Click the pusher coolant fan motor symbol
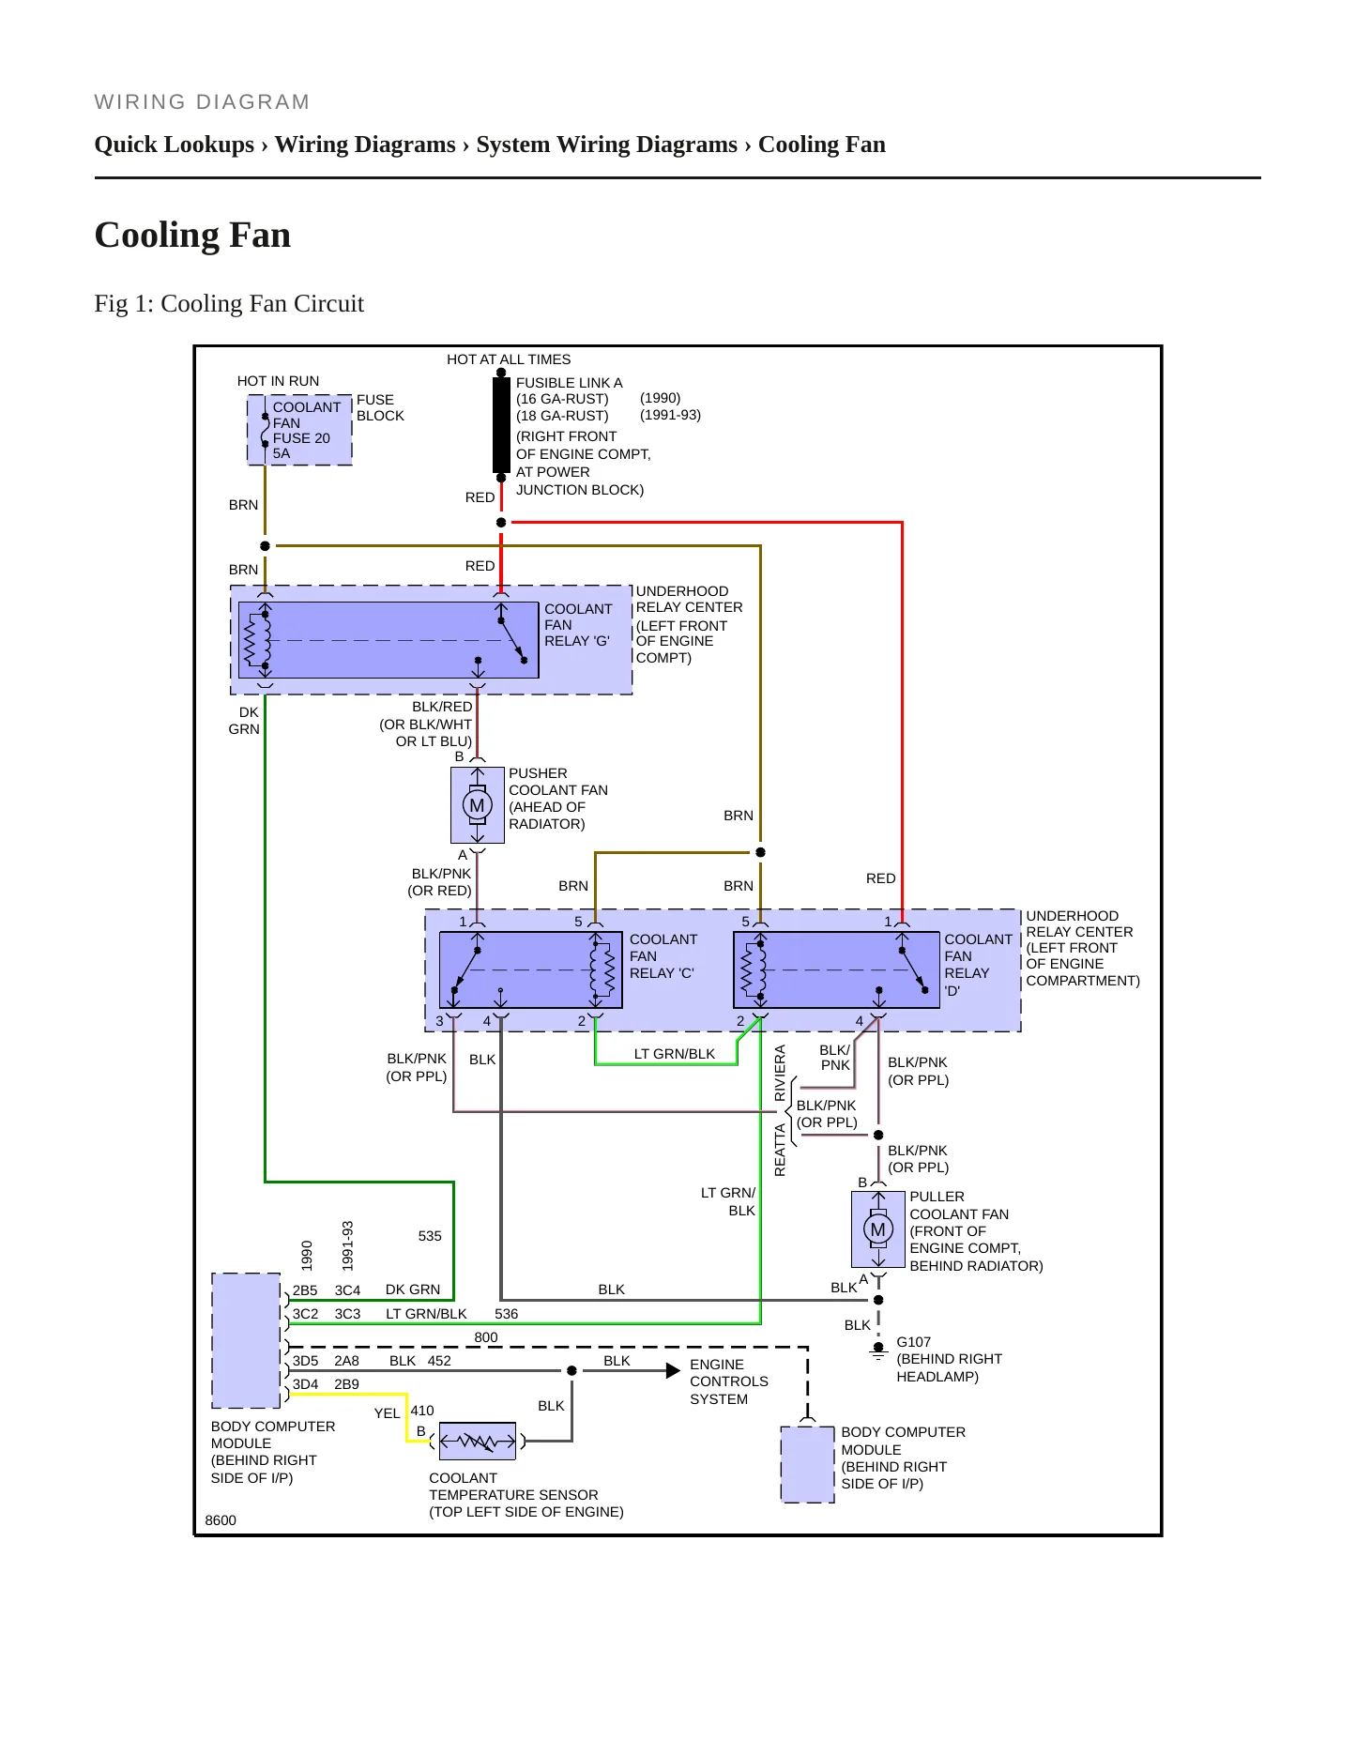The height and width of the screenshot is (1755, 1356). (478, 805)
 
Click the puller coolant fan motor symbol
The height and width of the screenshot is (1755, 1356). (878, 1229)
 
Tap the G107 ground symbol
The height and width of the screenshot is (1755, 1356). (878, 1351)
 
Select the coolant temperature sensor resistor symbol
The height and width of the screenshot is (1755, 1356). (478, 1441)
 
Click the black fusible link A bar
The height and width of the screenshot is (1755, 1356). (501, 425)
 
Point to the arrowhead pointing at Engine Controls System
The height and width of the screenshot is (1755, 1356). (673, 1371)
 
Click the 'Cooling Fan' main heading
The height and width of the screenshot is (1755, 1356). (192, 235)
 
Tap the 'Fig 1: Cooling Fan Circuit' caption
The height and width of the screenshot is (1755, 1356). (229, 304)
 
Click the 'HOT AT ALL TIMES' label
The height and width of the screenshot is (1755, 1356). (509, 359)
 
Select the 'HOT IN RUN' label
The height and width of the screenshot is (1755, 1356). (278, 381)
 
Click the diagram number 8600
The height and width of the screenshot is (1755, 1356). (221, 1520)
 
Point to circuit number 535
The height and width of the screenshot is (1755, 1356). (430, 1236)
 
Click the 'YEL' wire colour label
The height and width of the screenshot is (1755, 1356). (387, 1413)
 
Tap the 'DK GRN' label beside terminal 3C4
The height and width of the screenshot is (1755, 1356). (413, 1290)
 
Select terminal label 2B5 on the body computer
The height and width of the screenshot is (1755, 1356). (305, 1290)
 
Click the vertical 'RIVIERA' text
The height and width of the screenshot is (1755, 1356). (780, 1073)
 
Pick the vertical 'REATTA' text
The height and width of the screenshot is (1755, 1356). (780, 1151)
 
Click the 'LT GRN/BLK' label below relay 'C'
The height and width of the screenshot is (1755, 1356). (675, 1054)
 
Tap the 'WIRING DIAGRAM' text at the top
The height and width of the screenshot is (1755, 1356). (203, 102)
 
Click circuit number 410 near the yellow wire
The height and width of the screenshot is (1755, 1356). (422, 1411)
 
